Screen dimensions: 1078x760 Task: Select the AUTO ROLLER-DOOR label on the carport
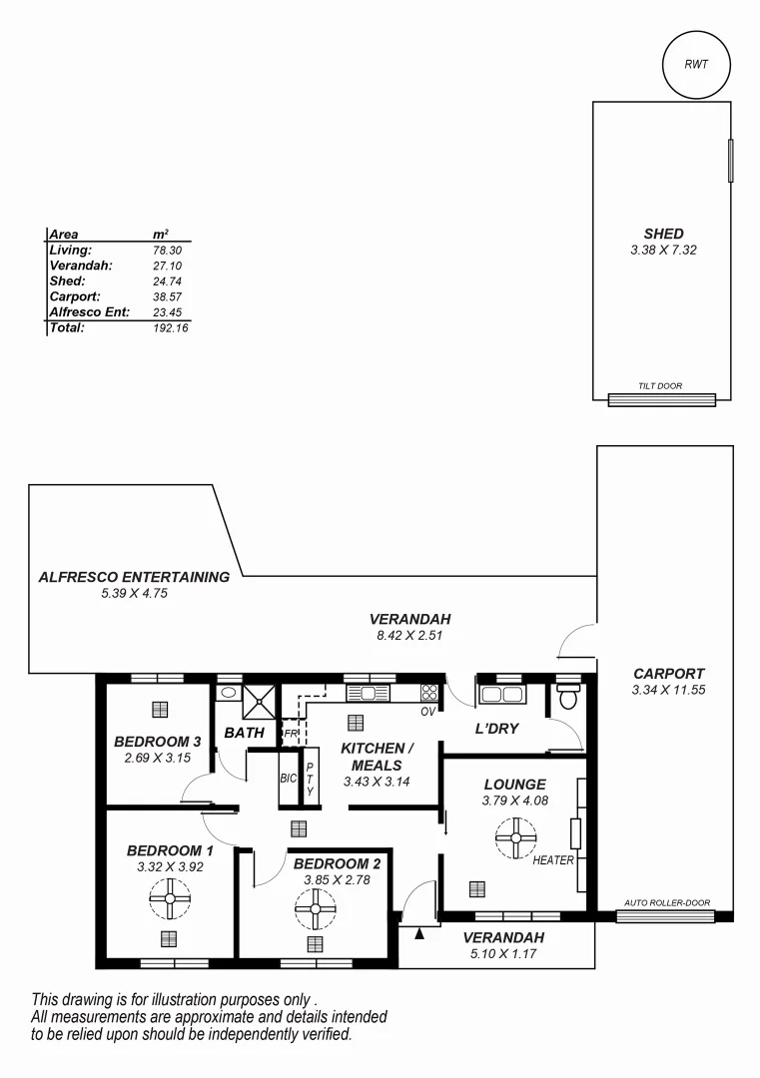click(x=667, y=903)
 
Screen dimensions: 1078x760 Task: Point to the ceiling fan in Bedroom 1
click(x=170, y=898)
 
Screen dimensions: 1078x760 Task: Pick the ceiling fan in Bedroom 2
click(x=316, y=909)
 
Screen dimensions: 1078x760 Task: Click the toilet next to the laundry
click(x=568, y=696)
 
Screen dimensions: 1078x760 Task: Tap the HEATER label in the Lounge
click(x=553, y=860)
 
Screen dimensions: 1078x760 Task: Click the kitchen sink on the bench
click(x=367, y=693)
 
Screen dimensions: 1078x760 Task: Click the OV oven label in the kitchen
click(x=427, y=712)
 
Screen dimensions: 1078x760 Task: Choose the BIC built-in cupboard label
click(x=288, y=778)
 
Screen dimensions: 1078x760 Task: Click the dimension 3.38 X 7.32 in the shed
click(x=663, y=251)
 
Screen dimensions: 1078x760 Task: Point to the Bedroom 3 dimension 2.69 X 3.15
click(x=157, y=759)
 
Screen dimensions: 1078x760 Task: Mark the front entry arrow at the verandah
click(x=420, y=934)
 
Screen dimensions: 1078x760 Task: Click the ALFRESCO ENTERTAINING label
click(x=134, y=577)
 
